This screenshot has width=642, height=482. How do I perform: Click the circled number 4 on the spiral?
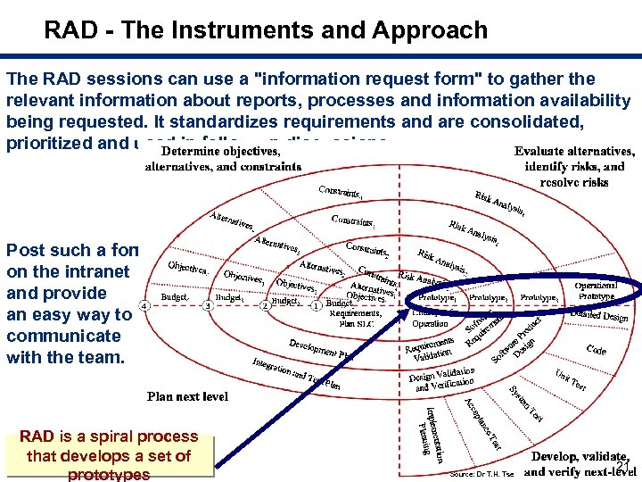(x=144, y=305)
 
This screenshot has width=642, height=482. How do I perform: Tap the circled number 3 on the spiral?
(x=207, y=305)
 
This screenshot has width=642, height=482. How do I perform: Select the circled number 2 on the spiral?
(x=264, y=305)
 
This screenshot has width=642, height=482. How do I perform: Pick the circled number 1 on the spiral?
(x=316, y=305)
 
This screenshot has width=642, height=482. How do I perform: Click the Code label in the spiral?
(x=597, y=351)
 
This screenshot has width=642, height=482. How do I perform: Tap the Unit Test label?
(x=570, y=382)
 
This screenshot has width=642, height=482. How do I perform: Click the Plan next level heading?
(x=187, y=396)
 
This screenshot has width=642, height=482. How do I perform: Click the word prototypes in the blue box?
(x=109, y=474)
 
